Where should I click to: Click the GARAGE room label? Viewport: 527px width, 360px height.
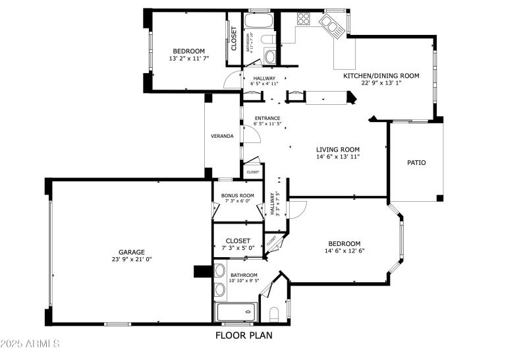click(x=132, y=252)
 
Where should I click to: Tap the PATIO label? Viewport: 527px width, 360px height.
click(x=416, y=162)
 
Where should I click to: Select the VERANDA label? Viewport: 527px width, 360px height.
click(x=222, y=136)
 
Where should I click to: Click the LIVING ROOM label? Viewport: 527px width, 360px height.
click(x=337, y=149)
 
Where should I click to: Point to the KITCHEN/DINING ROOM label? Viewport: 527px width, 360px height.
click(x=381, y=76)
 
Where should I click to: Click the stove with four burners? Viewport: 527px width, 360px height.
click(x=303, y=19)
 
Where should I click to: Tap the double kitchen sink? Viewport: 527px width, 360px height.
click(x=331, y=25)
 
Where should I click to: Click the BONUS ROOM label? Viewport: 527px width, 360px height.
click(x=237, y=196)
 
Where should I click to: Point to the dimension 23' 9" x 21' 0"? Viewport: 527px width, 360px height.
click(x=132, y=259)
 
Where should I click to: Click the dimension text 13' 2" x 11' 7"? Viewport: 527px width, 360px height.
click(x=189, y=58)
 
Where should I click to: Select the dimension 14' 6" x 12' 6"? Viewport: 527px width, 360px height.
click(x=345, y=251)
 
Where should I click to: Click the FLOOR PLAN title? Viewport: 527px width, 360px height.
click(x=244, y=335)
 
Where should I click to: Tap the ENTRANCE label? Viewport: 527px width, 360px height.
click(x=268, y=118)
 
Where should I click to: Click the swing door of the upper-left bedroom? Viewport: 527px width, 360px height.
click(x=233, y=80)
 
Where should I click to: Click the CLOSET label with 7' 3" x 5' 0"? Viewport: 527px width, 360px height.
click(x=237, y=241)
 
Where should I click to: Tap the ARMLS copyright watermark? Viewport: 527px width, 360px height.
click(x=31, y=344)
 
